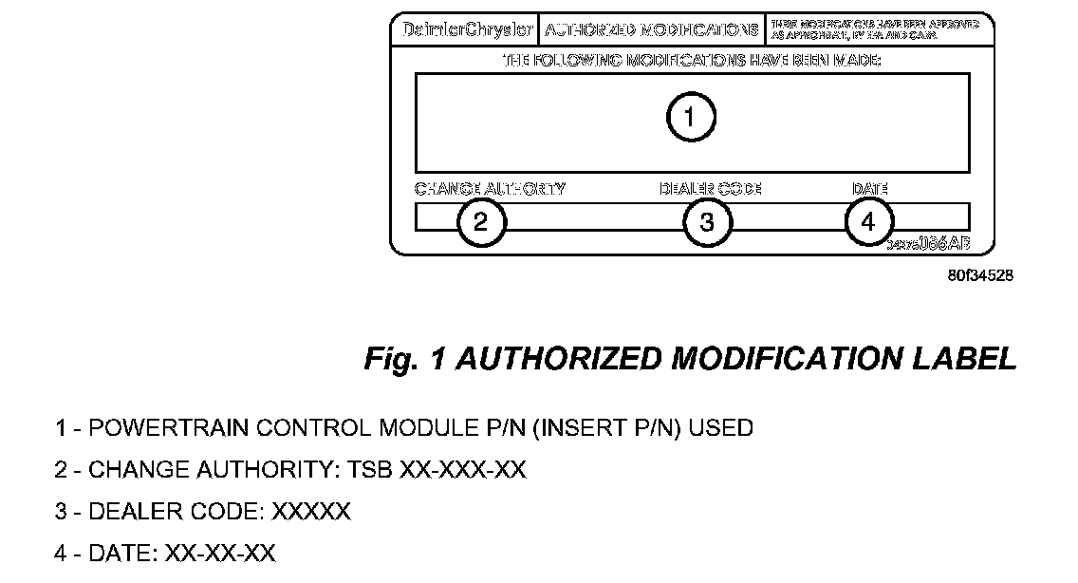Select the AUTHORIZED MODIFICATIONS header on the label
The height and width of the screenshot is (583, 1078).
click(651, 29)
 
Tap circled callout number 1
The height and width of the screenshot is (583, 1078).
click(691, 118)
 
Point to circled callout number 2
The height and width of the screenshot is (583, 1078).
click(481, 222)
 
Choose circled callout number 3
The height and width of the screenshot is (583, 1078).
click(707, 222)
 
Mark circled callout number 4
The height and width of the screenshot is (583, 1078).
click(868, 222)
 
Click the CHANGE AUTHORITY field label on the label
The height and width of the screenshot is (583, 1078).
click(490, 188)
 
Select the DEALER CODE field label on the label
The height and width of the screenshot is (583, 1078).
click(711, 188)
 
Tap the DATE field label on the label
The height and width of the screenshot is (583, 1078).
click(869, 188)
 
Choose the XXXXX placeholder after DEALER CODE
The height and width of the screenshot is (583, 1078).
click(311, 512)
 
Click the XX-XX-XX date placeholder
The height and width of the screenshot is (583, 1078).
click(220, 554)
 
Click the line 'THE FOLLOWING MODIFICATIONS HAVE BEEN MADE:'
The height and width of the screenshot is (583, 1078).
click(692, 61)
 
